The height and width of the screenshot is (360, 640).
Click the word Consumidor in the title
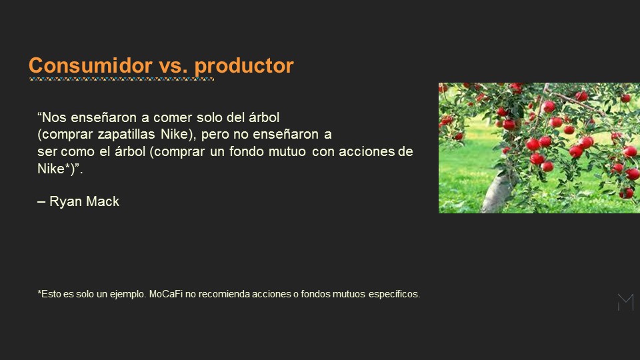pyautogui.click(x=90, y=65)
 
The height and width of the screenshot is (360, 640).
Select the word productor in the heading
pyautogui.click(x=244, y=67)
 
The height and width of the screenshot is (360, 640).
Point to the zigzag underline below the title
pyautogui.click(x=121, y=79)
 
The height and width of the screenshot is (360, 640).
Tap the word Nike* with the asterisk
pyautogui.click(x=54, y=169)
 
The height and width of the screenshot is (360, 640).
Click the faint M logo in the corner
pyautogui.click(x=626, y=303)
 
